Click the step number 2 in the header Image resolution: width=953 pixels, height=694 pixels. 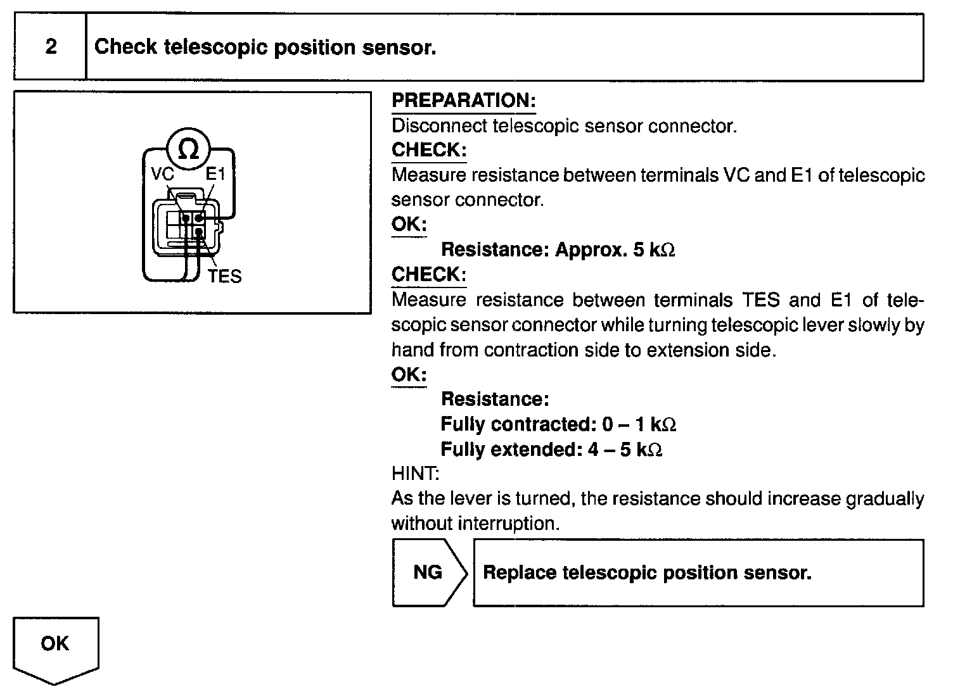51,47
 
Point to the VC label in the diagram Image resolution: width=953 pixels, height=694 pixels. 163,174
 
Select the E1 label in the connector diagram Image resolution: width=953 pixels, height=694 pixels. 215,174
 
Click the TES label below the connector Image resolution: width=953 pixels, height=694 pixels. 225,277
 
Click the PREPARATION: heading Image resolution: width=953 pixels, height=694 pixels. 463,100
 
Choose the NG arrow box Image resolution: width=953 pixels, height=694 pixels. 428,572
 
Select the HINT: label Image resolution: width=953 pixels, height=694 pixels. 415,473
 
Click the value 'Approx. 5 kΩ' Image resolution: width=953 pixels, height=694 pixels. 615,249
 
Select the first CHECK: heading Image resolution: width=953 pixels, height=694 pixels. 429,150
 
